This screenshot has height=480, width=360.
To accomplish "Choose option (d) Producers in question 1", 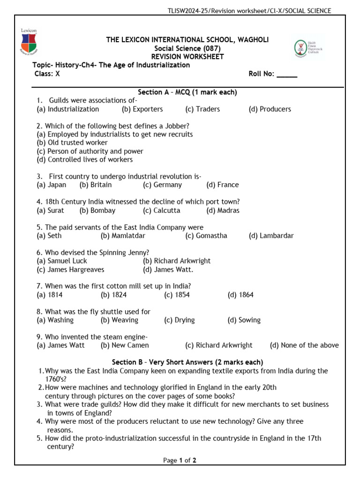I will [x=270, y=109].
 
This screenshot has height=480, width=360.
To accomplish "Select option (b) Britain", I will [x=96, y=185].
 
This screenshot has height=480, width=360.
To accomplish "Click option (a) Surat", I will [x=50, y=210].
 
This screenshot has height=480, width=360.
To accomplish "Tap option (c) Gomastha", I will [x=206, y=236].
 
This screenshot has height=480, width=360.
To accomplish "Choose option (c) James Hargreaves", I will [x=70, y=270].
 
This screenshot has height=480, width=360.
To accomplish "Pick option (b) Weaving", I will [x=119, y=320].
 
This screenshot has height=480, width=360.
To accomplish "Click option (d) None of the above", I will [x=304, y=345].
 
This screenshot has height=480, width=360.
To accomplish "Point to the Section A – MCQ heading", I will [x=187, y=92].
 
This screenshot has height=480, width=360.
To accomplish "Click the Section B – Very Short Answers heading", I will [x=187, y=362].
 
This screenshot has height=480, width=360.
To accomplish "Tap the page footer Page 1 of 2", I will [x=180, y=460].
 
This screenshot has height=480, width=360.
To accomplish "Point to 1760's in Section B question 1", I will [x=57, y=379].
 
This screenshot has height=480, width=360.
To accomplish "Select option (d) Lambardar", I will [x=271, y=236].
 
